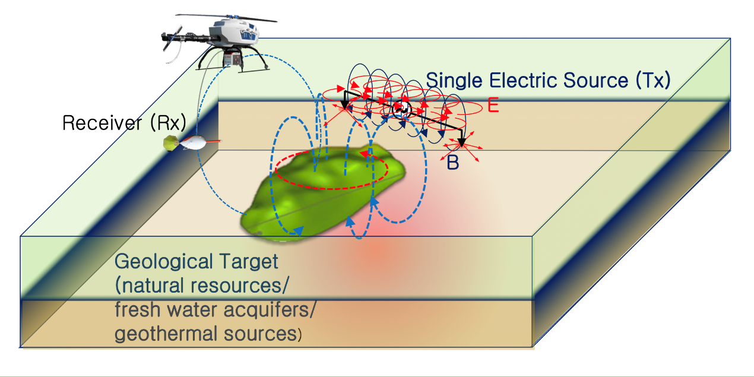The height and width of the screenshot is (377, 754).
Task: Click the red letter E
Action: point(492,106)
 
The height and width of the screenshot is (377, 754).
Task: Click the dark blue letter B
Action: point(452,162)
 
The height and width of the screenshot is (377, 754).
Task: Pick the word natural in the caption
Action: point(156,286)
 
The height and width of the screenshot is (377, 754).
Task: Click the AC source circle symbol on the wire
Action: point(401,109)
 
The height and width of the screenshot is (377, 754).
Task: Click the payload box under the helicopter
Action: point(232,59)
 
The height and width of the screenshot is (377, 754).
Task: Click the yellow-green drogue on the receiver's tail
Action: point(171,142)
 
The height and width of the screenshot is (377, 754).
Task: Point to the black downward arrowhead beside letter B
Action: point(461,142)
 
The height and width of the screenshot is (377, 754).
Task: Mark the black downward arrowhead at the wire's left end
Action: point(346,104)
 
